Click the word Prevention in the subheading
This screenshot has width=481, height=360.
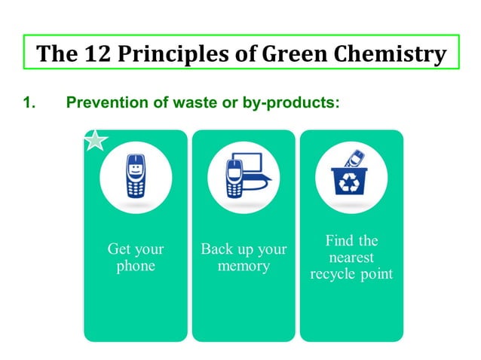[103, 101]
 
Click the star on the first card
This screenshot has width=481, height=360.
[94, 140]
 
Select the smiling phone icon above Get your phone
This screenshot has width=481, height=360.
[135, 177]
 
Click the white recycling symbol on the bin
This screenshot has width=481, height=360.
[351, 184]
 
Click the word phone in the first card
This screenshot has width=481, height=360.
[136, 267]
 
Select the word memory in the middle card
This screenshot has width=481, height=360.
[244, 267]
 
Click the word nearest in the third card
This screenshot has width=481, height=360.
[351, 258]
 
